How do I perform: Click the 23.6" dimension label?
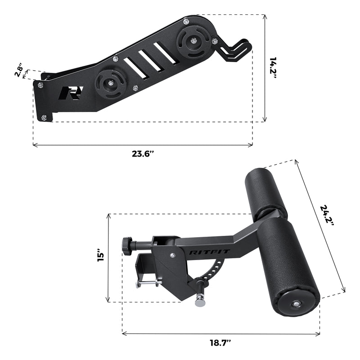pyautogui.click(x=143, y=153)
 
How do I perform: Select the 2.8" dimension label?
pyautogui.click(x=19, y=71)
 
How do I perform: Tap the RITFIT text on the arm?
pyautogui.click(x=204, y=252)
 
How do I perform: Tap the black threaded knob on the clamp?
pyautogui.click(x=127, y=246)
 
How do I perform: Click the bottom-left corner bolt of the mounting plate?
pyautogui.click(x=44, y=118)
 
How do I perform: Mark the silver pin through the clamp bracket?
pyautogui.click(x=147, y=283)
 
